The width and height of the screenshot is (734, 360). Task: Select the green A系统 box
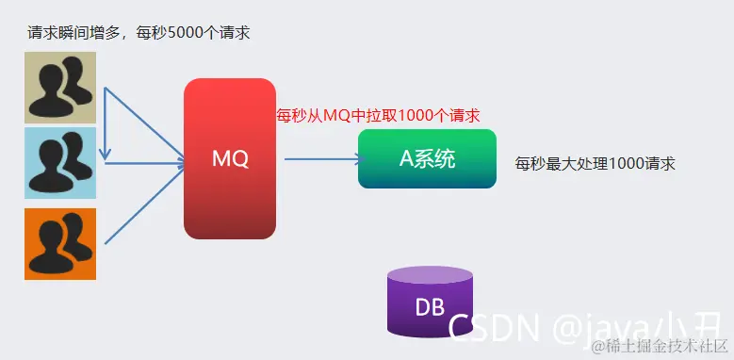[x=427, y=158]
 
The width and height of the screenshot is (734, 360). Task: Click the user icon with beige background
[x=60, y=88]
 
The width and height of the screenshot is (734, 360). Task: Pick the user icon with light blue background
[x=60, y=163]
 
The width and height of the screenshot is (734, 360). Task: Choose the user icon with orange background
[x=60, y=244]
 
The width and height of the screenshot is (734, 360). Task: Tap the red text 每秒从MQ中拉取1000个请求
[x=378, y=116]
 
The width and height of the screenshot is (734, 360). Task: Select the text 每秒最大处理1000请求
[x=595, y=162]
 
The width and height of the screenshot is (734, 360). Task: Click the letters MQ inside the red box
[x=230, y=159]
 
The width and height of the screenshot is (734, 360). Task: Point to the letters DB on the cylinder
[x=430, y=307]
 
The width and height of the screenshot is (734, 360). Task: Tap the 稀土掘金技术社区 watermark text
[x=665, y=345]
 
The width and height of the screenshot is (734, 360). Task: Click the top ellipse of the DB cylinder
[x=430, y=275]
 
